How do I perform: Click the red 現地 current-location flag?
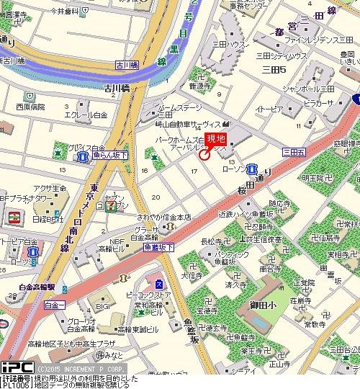coord(216,139)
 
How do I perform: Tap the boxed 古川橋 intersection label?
coord(130,66)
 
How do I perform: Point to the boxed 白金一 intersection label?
coord(54,305)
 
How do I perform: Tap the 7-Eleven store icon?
coord(110,207)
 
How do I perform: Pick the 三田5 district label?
coord(274,69)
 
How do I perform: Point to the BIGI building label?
coord(103,306)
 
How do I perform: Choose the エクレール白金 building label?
coord(86,115)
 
